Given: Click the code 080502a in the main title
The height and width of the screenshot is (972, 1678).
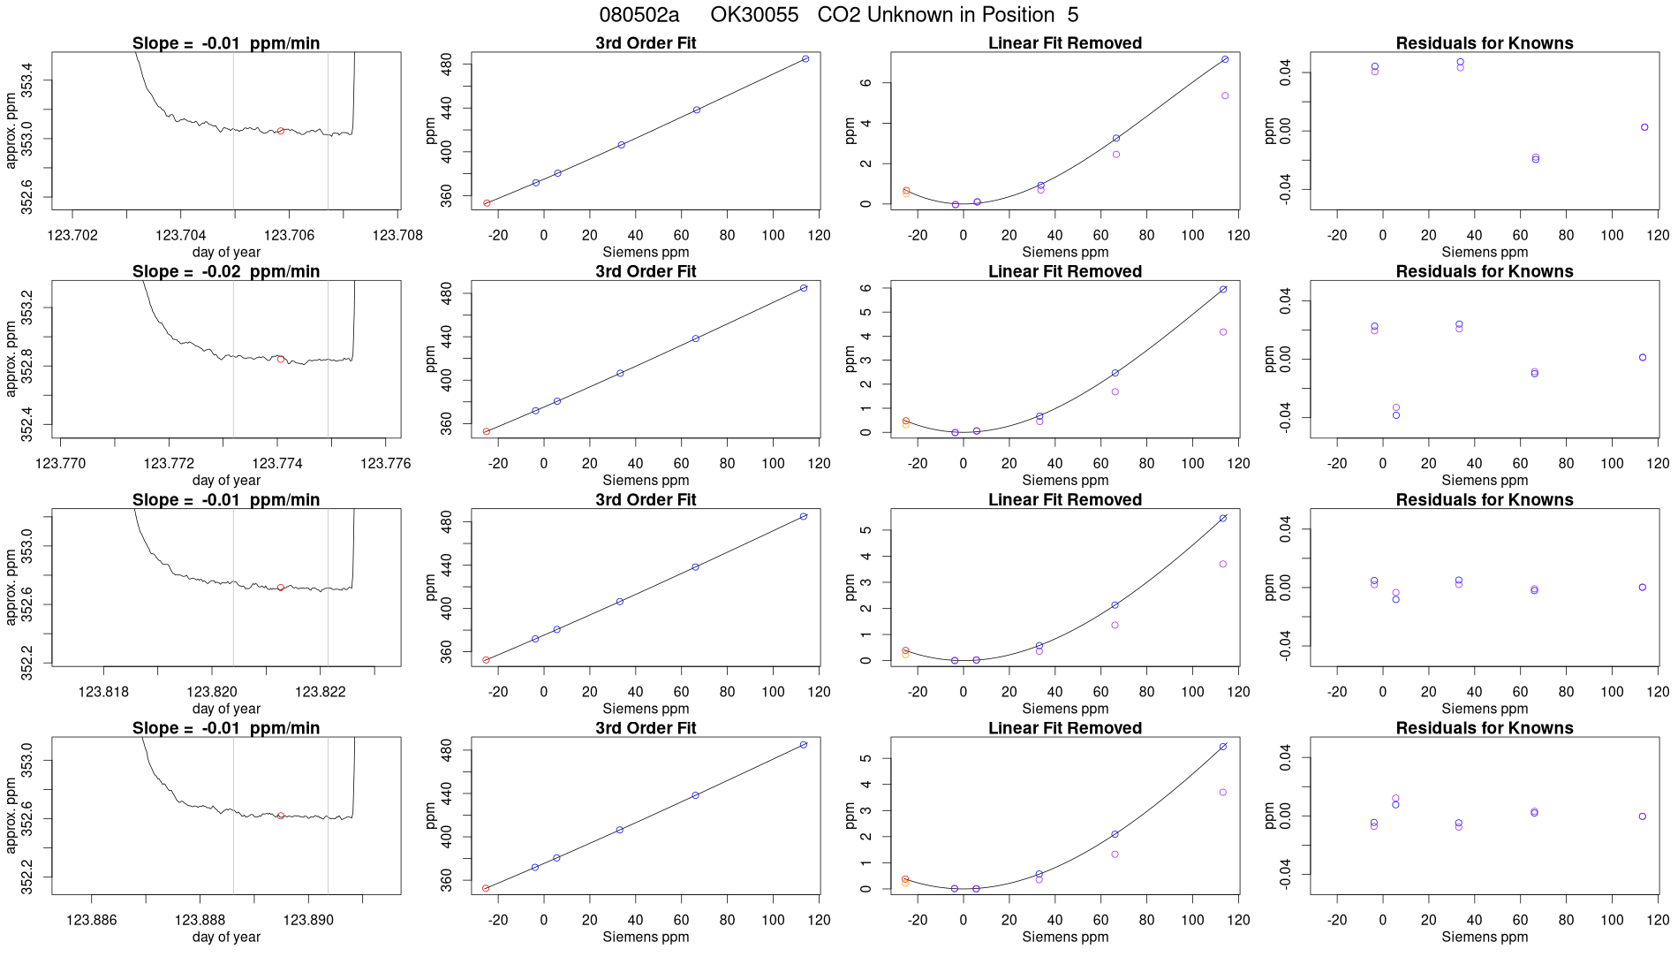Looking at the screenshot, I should (x=639, y=15).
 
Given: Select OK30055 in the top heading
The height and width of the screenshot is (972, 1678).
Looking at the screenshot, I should (x=754, y=15).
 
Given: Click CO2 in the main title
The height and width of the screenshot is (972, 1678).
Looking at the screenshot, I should (x=836, y=15).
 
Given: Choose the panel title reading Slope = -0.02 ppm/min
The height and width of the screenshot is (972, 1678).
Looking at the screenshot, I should (x=226, y=271).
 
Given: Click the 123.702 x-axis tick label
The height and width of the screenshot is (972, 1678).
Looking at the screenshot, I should (x=72, y=235).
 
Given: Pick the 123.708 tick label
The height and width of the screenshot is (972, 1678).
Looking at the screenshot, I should (x=397, y=235).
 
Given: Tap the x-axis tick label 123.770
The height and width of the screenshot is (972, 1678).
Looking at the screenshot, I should (x=61, y=463).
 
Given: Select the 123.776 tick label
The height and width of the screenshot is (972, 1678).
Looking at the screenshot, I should (x=386, y=463).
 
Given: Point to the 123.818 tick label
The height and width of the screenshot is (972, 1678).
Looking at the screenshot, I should (x=103, y=692).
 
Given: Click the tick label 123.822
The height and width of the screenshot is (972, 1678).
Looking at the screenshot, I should (x=320, y=692).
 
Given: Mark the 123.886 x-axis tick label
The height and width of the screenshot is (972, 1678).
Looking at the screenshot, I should (x=91, y=920).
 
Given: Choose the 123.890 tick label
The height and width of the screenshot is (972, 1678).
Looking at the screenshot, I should (x=308, y=920).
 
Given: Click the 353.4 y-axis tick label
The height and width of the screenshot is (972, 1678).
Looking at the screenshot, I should (x=27, y=80).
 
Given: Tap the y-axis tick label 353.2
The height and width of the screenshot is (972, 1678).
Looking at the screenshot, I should (x=27, y=308).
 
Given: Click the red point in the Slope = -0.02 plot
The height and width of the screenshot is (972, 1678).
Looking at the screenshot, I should (x=281, y=360).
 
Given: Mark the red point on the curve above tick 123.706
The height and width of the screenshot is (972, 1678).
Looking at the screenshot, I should (x=281, y=131).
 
